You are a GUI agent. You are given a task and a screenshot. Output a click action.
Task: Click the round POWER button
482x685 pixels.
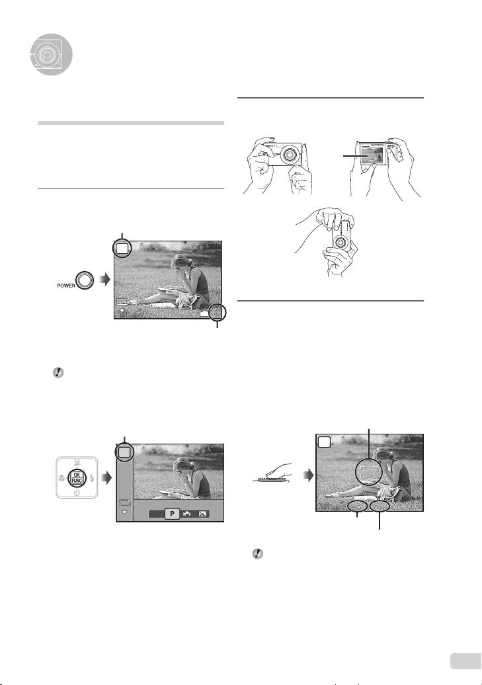85,280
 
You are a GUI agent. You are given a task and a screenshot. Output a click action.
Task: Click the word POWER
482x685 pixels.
66,285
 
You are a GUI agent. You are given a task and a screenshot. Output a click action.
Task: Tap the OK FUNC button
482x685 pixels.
77,477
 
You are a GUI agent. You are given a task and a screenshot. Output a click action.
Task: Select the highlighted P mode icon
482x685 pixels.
172,514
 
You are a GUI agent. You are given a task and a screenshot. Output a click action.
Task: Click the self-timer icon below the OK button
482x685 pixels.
77,493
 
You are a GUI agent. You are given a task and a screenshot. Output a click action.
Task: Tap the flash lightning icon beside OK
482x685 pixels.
92,478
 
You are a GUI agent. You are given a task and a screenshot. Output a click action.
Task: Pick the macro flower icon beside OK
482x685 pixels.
61,478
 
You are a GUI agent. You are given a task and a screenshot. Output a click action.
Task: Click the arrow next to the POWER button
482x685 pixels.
105,280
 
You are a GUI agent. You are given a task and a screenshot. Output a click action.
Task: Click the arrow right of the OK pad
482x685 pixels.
106,478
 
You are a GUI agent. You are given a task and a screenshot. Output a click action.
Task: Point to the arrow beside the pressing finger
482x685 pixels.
309,475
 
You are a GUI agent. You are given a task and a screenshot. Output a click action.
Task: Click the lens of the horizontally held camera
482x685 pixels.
290,154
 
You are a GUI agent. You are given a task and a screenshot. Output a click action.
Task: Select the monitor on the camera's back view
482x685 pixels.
372,155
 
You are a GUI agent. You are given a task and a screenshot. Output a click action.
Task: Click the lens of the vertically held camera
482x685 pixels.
341,241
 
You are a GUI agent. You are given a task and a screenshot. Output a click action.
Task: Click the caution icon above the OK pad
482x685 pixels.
58,373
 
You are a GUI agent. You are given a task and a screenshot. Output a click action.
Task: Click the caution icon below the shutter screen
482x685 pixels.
258,554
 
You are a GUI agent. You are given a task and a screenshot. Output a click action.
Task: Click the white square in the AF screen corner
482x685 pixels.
324,442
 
